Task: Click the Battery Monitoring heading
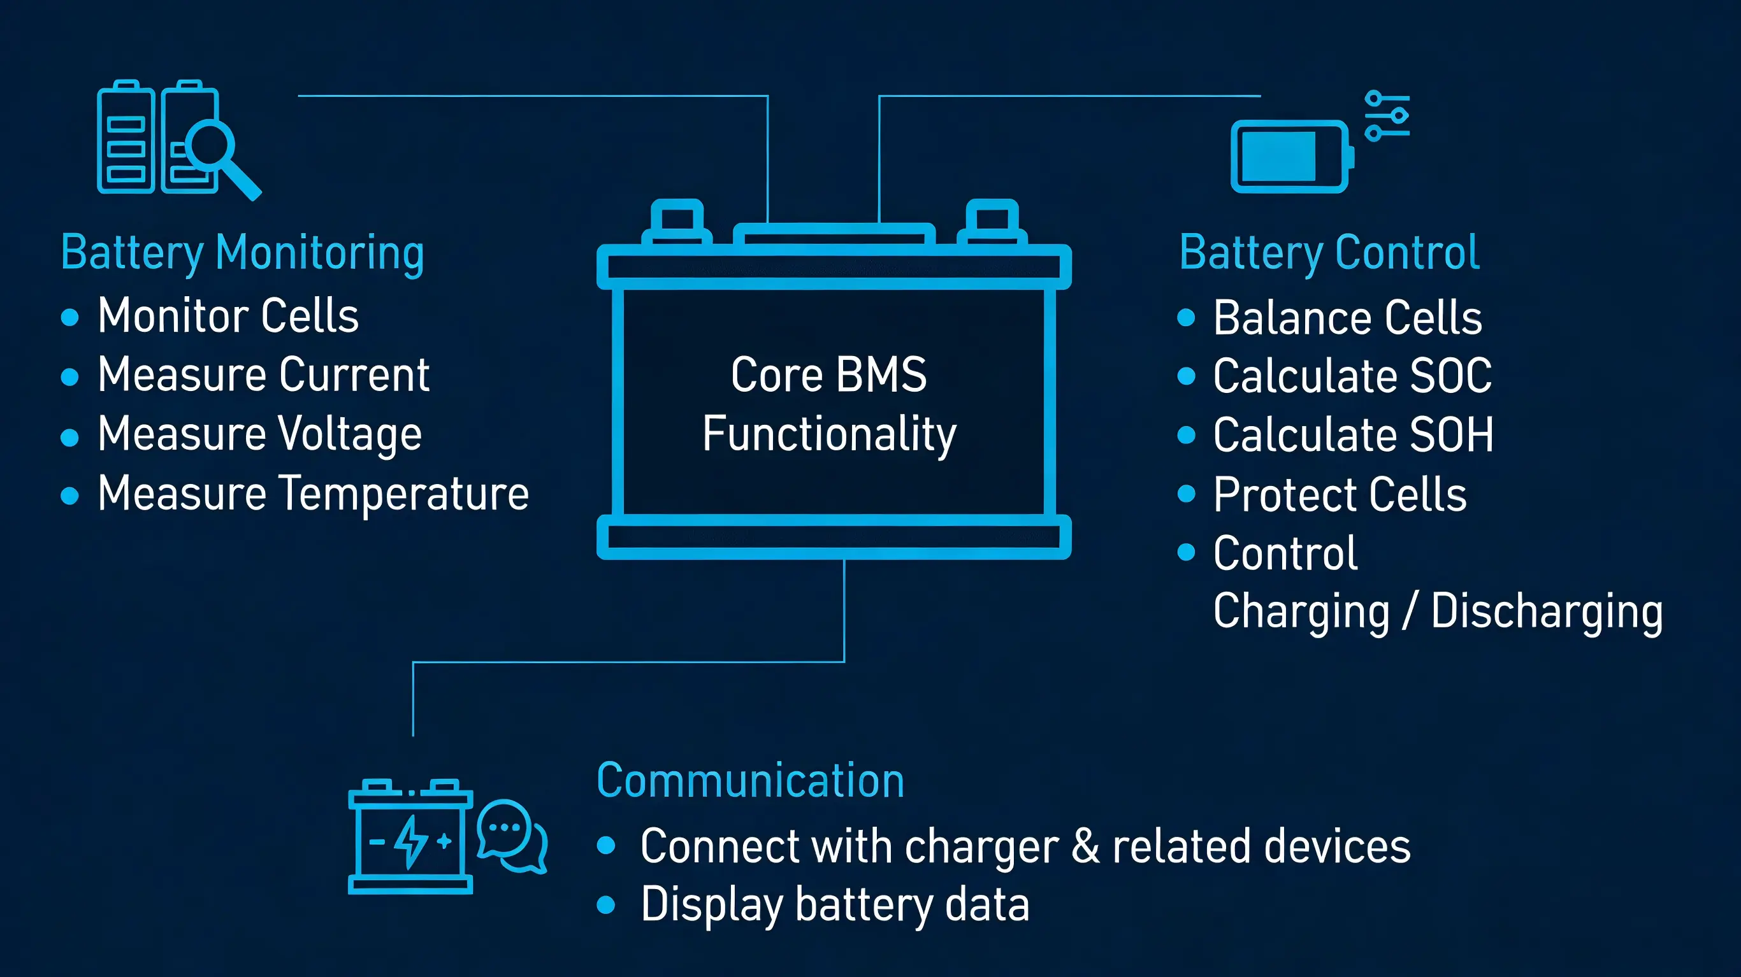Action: coord(242,253)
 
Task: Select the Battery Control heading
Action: coord(1329,253)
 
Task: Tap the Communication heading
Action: coord(750,780)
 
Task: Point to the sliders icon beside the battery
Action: coord(1387,116)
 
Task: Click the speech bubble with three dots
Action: coord(503,829)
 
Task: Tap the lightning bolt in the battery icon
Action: coord(410,841)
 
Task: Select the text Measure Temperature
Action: coord(313,493)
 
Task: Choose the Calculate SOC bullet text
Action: coord(1352,376)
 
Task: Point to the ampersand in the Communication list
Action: coord(1085,846)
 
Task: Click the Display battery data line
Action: coord(835,904)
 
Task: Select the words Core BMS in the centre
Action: coord(828,374)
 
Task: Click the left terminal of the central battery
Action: coord(677,220)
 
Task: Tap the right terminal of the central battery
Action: coord(992,220)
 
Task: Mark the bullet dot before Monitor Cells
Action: coord(69,317)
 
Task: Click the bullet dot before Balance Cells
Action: coord(1186,318)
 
